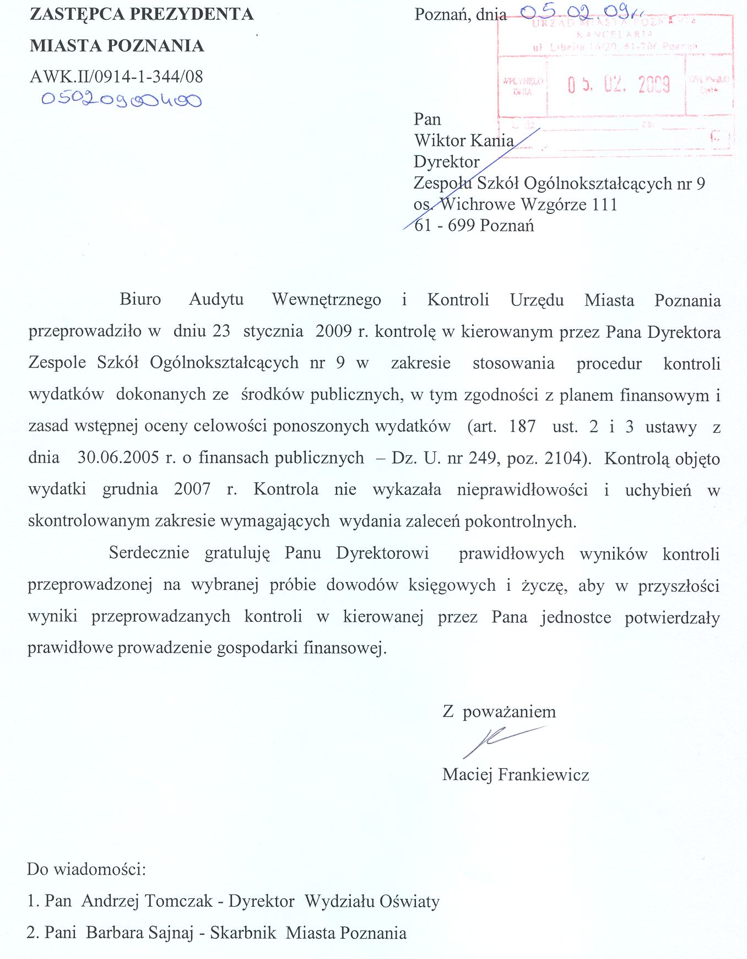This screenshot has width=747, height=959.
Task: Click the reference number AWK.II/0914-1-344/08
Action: pos(116,76)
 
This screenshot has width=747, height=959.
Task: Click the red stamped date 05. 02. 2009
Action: pos(619,85)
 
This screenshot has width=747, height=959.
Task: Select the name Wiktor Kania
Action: pos(464,141)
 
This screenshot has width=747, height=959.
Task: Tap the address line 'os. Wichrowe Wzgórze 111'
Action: pos(515,204)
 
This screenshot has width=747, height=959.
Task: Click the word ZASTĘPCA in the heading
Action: pos(77,14)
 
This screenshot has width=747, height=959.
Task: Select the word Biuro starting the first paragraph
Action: pos(140,299)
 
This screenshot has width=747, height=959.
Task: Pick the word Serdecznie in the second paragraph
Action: pos(149,553)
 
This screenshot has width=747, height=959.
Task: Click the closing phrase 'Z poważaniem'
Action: pos(499,712)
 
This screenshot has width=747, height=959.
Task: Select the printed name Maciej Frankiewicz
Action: pos(516,775)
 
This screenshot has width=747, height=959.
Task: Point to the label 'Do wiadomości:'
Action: pos(86,869)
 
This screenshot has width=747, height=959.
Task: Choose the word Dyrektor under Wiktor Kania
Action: pos(447,162)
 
